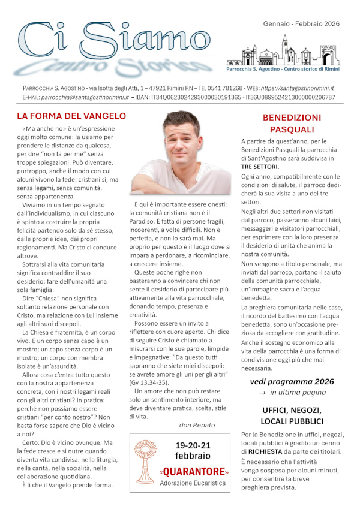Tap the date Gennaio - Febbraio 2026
[301, 23]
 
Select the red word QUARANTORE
[193, 471]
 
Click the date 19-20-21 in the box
[194, 446]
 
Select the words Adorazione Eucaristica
[193, 483]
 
